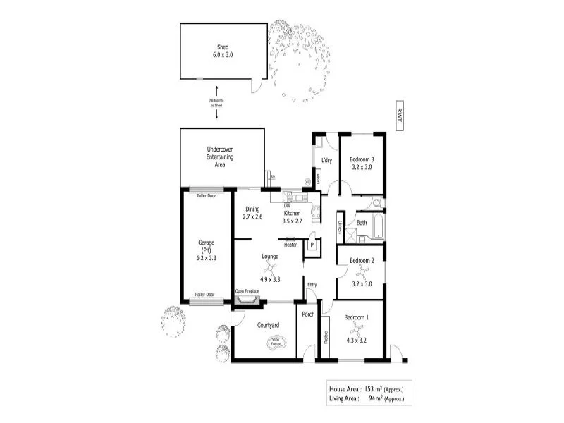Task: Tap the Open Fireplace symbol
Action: (x=247, y=300)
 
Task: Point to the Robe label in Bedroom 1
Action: (x=326, y=338)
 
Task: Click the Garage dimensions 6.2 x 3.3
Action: (x=207, y=258)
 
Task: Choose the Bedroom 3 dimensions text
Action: (x=362, y=168)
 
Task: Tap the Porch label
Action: (x=308, y=314)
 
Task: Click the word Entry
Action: (x=312, y=285)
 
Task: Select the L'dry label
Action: (x=326, y=161)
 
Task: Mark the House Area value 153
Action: (x=381, y=388)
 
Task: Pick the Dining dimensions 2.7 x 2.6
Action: (x=252, y=217)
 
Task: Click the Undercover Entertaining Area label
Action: (x=220, y=157)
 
